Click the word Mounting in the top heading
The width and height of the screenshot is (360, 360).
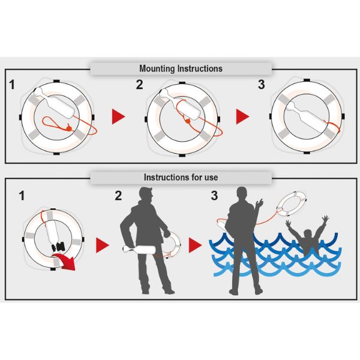157,69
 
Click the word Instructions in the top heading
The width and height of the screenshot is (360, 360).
200,68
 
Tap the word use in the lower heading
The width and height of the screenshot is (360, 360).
211,178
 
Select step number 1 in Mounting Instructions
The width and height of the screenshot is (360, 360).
12,85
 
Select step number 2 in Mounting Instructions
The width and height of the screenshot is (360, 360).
139,85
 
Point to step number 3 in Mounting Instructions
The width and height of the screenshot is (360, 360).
261,85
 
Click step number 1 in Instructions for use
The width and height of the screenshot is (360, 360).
22,196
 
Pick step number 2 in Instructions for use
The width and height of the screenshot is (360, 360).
118,196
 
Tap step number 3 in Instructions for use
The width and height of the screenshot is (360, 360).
214,196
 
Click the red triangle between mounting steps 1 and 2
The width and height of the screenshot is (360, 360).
118,116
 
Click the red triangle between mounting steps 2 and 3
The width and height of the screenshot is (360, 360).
242,116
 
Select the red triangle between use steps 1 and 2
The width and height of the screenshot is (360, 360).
102,245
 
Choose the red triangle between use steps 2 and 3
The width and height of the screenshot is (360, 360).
195,245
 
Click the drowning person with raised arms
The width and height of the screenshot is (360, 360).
308,235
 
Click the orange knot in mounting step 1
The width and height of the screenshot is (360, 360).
68,127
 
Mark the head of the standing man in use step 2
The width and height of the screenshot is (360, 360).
146,194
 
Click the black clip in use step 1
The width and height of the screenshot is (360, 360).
58,247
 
